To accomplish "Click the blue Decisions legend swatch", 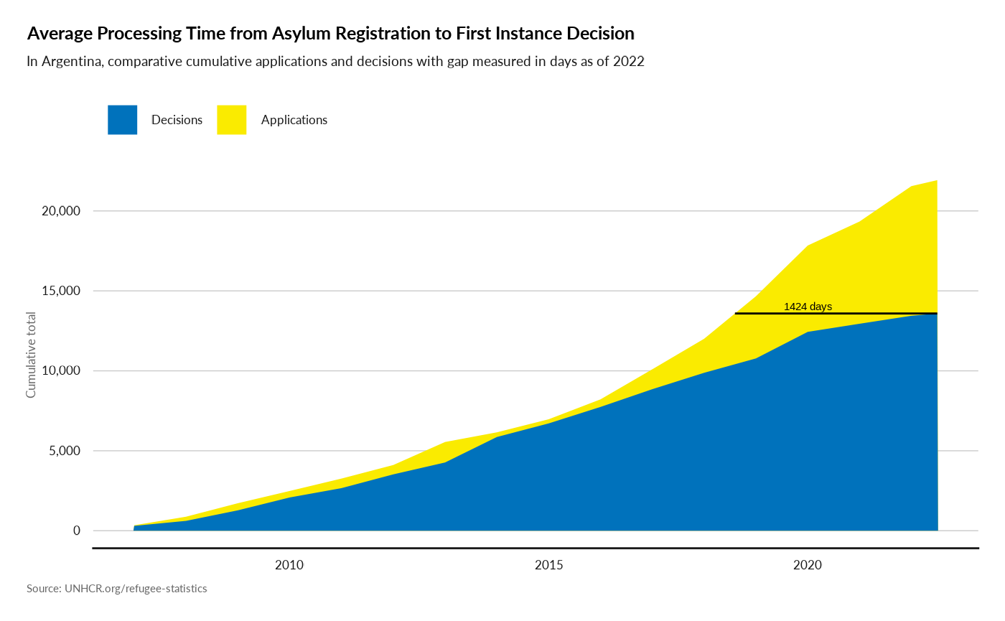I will pyautogui.click(x=122, y=120).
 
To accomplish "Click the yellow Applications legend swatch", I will pyautogui.click(x=231, y=120).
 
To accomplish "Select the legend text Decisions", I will pyautogui.click(x=177, y=120).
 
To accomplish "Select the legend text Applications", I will pyautogui.click(x=294, y=120).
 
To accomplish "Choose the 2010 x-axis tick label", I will pyautogui.click(x=289, y=566).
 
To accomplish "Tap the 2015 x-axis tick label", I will pyautogui.click(x=549, y=566).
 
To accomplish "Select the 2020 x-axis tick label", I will pyautogui.click(x=808, y=566).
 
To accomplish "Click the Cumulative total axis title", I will pyautogui.click(x=32, y=355).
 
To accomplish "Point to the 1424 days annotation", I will pyautogui.click(x=808, y=307).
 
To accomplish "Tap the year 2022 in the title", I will pyautogui.click(x=630, y=62).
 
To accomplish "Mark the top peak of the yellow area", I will pyautogui.click(x=937, y=180).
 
